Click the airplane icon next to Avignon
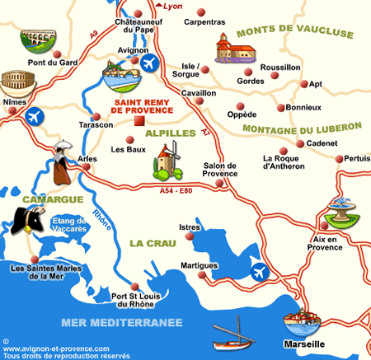click(150, 63)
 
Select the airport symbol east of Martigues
click(260, 269)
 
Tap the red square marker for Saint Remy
click(138, 122)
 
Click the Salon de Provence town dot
click(218, 184)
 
